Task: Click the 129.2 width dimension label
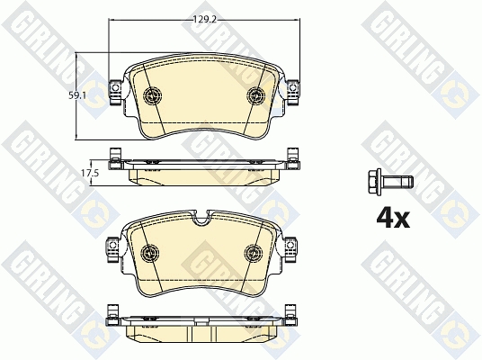point(205,20)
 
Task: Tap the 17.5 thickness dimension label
point(90,173)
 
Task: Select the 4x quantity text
point(393,219)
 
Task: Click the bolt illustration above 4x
point(390,182)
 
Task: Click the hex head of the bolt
point(374,182)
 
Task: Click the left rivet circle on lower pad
point(150,253)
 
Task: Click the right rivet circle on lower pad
point(254,253)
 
